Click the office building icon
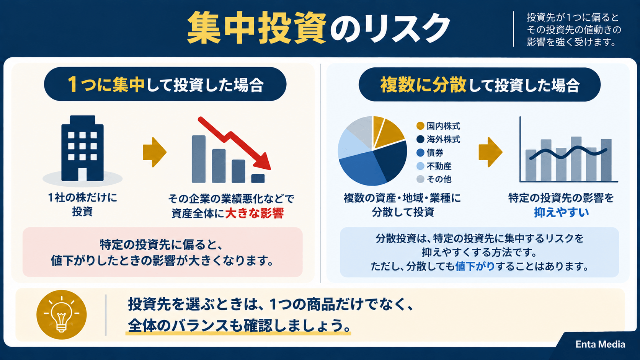(82, 148)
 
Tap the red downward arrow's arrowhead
(263, 162)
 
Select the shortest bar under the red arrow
(258, 178)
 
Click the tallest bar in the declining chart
(199, 159)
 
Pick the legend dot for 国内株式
(420, 125)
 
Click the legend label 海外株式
(443, 139)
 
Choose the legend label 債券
(435, 153)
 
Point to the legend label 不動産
(439, 166)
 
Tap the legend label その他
(439, 179)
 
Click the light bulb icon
(61, 314)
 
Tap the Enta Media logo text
(600, 344)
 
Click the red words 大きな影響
(254, 213)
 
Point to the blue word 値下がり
(475, 266)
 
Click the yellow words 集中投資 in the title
(256, 28)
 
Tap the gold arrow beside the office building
(155, 152)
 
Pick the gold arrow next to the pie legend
(490, 152)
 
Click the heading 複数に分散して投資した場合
(480, 85)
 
